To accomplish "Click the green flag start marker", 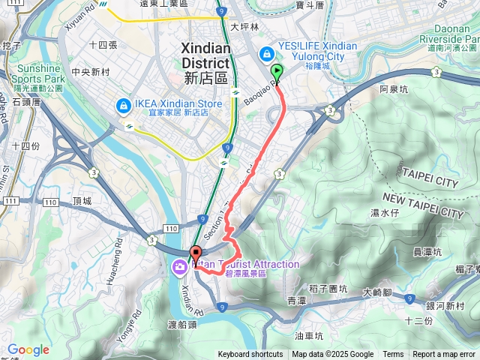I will click(x=277, y=73).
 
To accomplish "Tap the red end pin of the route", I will click(x=196, y=253).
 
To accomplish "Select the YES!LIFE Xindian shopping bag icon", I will click(x=266, y=54).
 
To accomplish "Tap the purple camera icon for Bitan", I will click(x=181, y=266).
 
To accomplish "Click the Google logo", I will click(x=28, y=349).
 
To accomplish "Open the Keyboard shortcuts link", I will click(x=250, y=355).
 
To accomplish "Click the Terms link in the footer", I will click(x=393, y=355).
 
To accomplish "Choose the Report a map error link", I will click(x=444, y=355).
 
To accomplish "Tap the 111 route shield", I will click(x=10, y=201).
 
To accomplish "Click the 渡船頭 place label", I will click(x=182, y=325).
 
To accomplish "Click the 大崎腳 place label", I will click(x=377, y=292).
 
